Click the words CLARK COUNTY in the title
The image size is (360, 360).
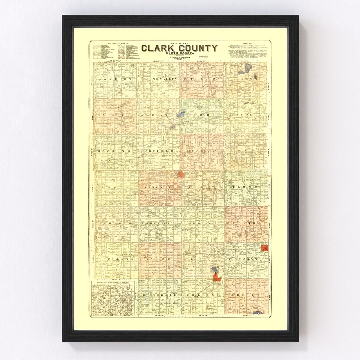179,48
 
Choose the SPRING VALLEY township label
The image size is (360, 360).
158,79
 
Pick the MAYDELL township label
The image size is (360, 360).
246,115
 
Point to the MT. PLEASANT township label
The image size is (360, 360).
202,151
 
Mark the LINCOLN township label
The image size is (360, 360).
158,187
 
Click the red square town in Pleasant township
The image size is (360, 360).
265,248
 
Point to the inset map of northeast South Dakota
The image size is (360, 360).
113,298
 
